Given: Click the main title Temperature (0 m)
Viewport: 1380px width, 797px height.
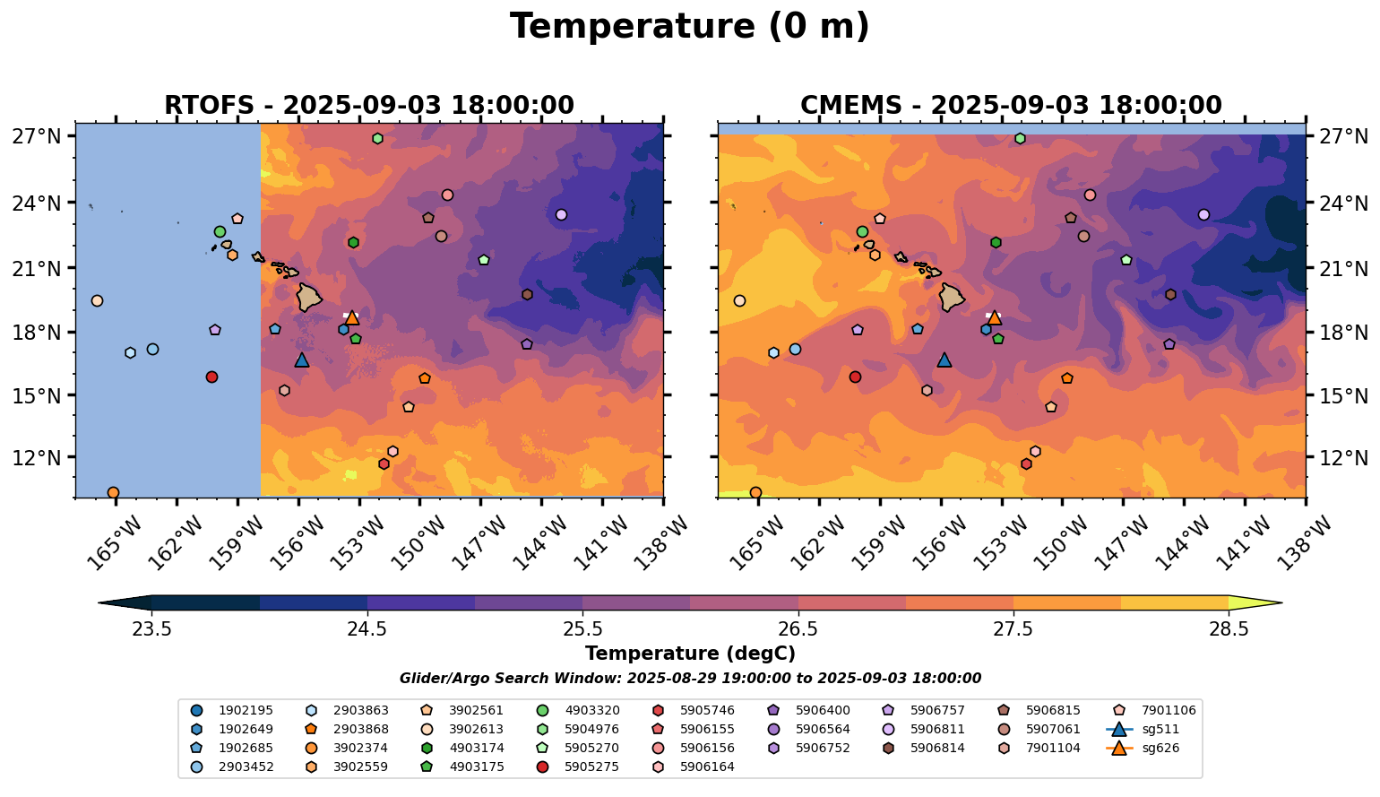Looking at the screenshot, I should pos(689,27).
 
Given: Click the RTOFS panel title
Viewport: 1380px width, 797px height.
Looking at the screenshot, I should pos(368,106).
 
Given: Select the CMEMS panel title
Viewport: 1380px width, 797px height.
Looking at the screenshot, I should pos(1011,106).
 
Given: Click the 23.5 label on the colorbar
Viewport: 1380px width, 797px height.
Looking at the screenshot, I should pos(151,628).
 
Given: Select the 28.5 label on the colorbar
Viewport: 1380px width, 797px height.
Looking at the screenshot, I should pos(1229,628).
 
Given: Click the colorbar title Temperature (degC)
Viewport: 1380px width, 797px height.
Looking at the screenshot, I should pos(689,654).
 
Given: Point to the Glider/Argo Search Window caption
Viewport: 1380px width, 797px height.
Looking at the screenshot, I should pos(689,679).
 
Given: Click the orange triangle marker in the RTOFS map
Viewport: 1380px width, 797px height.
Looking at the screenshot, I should pos(352,317).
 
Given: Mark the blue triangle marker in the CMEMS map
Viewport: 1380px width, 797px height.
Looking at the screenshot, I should pos(944,360).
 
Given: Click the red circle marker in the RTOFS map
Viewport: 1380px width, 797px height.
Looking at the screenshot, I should pos(211,377).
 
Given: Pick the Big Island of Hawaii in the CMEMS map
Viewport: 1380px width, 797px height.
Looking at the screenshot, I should pos(952,297).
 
